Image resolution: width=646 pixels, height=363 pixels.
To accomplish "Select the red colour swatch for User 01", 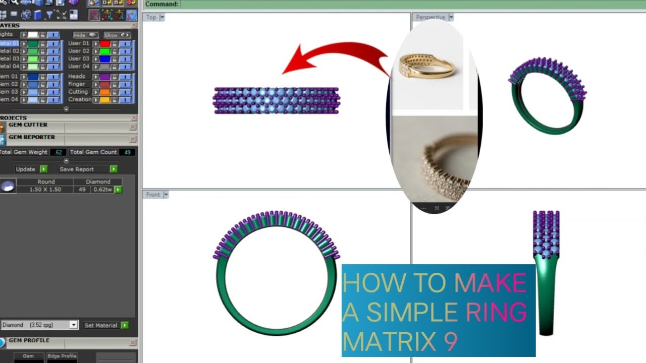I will click(x=105, y=44).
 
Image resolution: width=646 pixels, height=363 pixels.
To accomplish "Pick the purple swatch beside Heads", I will click(x=105, y=77).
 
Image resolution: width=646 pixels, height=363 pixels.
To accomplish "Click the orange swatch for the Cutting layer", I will click(x=105, y=92).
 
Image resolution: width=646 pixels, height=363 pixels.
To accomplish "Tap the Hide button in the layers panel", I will click(x=85, y=35).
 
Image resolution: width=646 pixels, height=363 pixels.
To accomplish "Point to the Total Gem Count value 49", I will click(x=127, y=152).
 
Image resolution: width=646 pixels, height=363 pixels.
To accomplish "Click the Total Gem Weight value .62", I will click(x=59, y=152).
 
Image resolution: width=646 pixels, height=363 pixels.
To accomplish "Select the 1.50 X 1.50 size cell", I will click(x=45, y=190).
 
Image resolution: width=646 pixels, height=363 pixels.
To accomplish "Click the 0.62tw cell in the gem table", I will click(x=102, y=190).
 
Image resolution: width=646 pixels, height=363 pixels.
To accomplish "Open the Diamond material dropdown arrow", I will click(x=74, y=325).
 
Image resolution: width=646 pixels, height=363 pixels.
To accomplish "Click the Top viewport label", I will click(x=151, y=17).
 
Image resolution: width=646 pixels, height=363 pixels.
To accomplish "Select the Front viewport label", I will click(x=153, y=195).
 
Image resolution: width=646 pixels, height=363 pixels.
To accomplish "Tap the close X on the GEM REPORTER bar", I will click(x=133, y=140).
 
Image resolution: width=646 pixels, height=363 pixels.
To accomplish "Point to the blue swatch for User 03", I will click(x=105, y=59).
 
